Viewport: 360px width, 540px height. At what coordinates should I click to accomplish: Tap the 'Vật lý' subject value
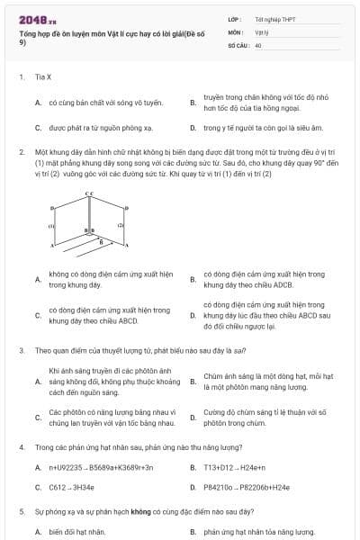pos(261,31)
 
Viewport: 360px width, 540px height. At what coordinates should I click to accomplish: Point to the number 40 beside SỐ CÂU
pos(258,44)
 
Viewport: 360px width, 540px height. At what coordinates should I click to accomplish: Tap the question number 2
pos(21,152)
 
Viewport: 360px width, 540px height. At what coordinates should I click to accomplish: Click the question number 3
pos(21,350)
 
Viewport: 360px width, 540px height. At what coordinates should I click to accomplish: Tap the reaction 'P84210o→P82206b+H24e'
pos(247,488)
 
